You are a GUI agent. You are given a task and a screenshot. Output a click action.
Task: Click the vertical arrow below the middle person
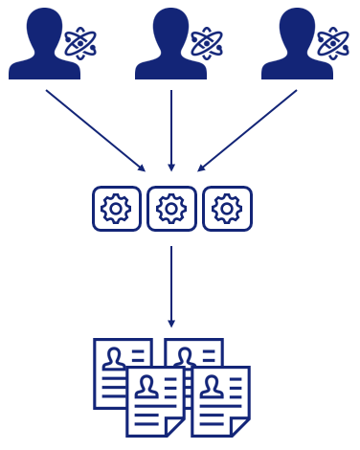[170, 129]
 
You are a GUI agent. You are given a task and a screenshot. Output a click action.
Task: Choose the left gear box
[116, 208]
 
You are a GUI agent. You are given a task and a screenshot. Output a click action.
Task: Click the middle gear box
[171, 208]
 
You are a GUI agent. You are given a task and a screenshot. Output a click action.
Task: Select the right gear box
[227, 208]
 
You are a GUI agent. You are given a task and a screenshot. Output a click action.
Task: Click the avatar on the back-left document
[115, 359]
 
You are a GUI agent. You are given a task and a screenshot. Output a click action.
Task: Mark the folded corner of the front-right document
[243, 427]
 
